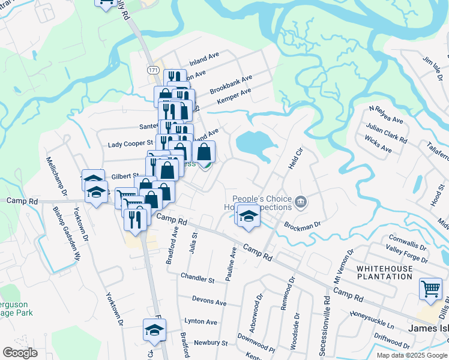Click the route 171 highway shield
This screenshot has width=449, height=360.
click(x=152, y=70)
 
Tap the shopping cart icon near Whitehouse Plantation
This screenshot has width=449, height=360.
click(x=430, y=290)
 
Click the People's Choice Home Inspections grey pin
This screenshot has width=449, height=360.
click(x=302, y=203)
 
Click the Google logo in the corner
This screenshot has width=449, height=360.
click(x=20, y=353)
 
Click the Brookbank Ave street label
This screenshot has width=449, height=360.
click(x=231, y=85)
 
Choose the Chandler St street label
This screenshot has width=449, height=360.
click(x=197, y=279)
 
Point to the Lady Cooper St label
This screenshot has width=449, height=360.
click(x=130, y=145)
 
